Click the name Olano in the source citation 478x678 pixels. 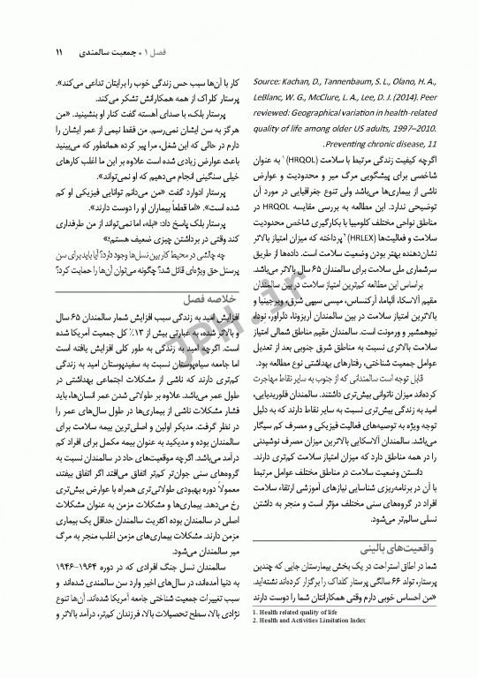406,79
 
